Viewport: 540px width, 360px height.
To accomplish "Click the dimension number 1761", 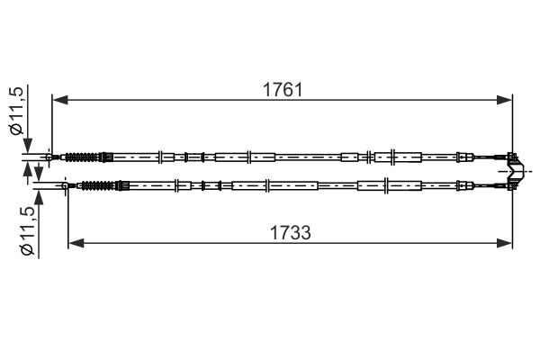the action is (x=283, y=90).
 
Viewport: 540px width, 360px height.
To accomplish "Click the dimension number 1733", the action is (x=291, y=232).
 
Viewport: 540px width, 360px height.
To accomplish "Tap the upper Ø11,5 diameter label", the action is (x=16, y=110).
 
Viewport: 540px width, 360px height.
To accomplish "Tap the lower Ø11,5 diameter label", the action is (x=27, y=230).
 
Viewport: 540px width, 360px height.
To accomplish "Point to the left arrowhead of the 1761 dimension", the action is (x=60, y=100).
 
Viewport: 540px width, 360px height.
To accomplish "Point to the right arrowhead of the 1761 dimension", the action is (x=505, y=100).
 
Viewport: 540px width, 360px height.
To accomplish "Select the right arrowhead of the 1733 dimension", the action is (x=505, y=243).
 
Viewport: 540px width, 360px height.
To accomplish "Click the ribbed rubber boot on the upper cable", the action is (x=83, y=157).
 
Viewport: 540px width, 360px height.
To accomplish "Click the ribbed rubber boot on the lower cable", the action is (x=99, y=185).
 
